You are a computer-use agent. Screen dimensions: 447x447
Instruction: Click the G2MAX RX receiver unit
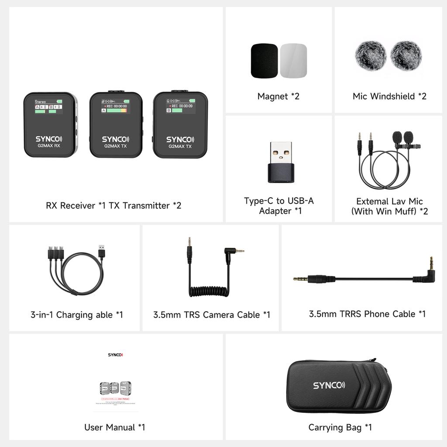coord(50,124)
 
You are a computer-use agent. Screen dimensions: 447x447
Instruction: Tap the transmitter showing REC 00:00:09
coord(180,124)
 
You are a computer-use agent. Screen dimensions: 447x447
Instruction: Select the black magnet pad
coord(265,61)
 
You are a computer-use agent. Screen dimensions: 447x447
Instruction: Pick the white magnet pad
coord(293,61)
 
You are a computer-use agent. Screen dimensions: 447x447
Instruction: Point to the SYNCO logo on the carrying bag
coord(329,385)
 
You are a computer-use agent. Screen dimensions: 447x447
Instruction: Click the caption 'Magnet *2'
coord(279,96)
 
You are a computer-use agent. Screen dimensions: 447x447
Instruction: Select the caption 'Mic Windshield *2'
coord(389,96)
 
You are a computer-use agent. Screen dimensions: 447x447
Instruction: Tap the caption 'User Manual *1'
coord(115,427)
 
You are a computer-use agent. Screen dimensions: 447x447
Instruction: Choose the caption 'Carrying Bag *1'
coord(340,427)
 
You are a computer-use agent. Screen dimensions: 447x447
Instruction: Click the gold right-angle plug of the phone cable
coord(431,265)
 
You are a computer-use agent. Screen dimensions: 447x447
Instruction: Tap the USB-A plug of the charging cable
coord(101,252)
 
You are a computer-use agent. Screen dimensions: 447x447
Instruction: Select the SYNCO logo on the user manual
coord(116,355)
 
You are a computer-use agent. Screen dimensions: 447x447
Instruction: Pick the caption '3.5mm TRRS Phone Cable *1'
coord(367,314)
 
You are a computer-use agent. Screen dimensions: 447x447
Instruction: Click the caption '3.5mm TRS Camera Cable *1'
coord(212,315)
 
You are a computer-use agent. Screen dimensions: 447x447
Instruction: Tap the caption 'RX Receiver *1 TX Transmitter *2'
coord(113,205)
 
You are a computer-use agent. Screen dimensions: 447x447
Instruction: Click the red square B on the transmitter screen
coord(168,111)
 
